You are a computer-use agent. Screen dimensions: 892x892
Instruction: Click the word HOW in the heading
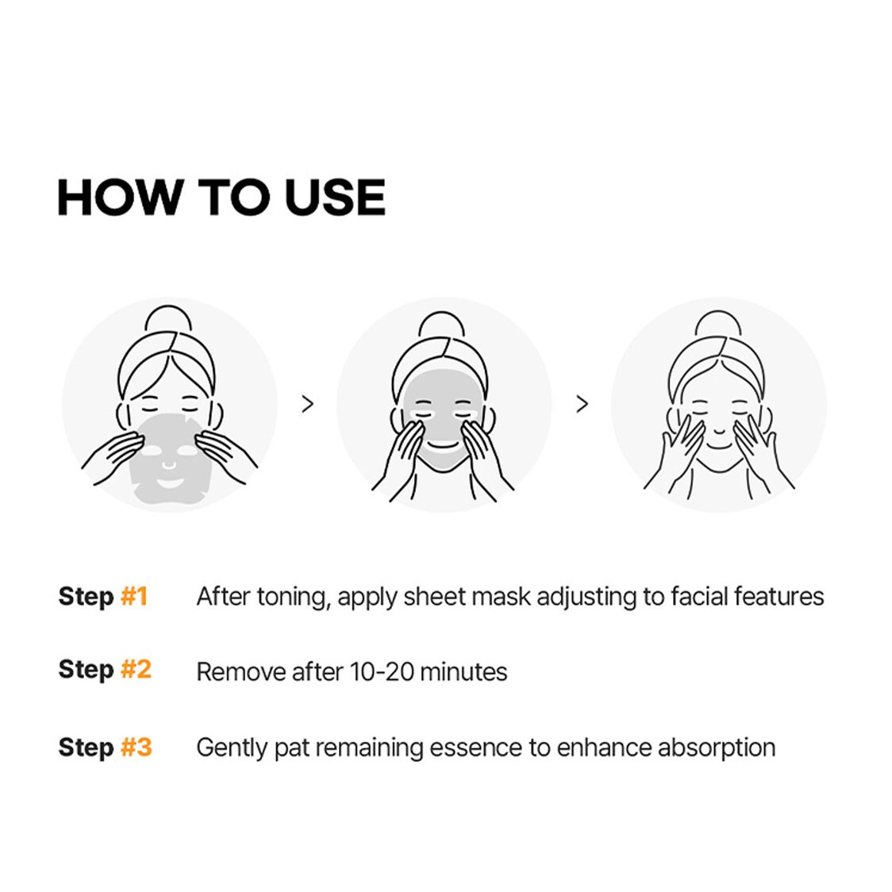(x=120, y=197)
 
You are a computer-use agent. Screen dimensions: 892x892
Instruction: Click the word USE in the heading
(x=335, y=197)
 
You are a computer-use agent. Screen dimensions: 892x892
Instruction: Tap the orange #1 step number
(x=134, y=596)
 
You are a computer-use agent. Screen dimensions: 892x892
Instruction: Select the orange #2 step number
(x=136, y=669)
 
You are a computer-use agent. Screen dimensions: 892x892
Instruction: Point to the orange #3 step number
(x=136, y=747)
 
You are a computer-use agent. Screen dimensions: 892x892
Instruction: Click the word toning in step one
(x=294, y=598)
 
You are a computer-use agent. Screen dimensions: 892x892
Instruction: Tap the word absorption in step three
(x=716, y=748)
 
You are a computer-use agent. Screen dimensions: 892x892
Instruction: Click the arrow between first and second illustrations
(x=307, y=404)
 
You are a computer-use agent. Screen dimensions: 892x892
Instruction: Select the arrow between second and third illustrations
(x=582, y=404)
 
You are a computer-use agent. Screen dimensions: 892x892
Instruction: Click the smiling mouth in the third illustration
(x=719, y=445)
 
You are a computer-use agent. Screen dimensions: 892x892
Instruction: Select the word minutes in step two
(x=463, y=672)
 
